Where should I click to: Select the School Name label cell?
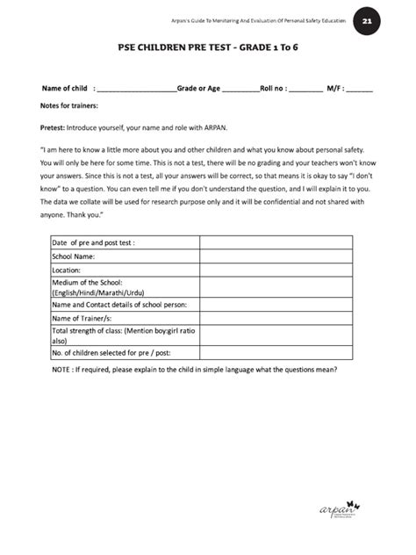coord(80,256)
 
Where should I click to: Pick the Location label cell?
coord(72,270)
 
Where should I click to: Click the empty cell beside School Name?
coord(276,256)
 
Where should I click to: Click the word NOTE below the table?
coord(64,369)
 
